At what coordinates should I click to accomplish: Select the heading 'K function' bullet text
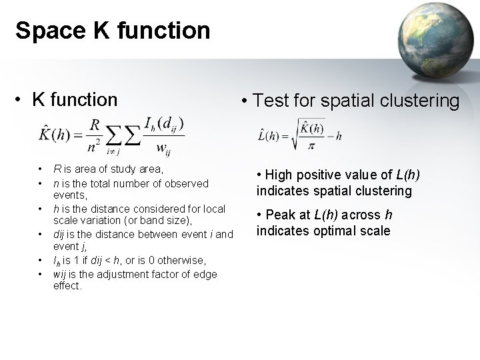[74, 100]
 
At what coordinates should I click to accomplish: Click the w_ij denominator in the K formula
[162, 148]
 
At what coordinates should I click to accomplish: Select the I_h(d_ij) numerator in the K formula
[163, 124]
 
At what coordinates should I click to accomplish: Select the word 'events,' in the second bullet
[70, 195]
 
